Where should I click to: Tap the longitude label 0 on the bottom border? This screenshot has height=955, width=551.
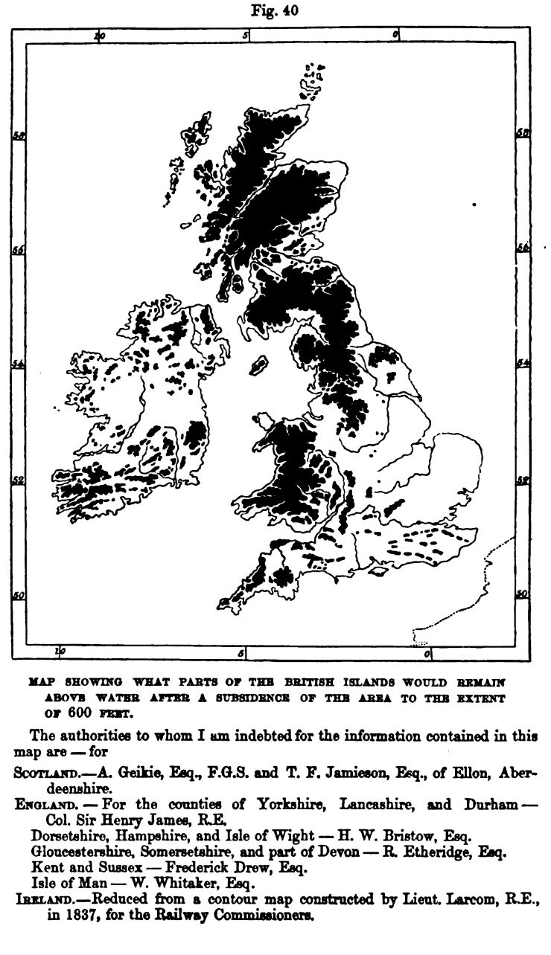[x=427, y=654]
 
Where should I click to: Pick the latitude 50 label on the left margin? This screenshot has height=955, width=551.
[x=19, y=595]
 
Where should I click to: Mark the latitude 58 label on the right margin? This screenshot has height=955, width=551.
[x=523, y=134]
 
